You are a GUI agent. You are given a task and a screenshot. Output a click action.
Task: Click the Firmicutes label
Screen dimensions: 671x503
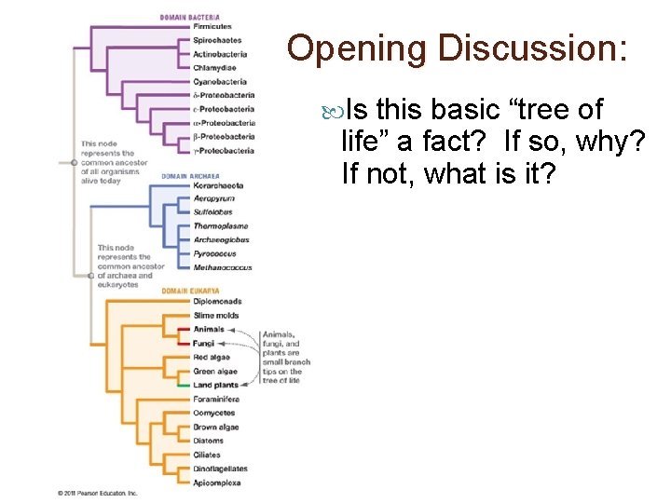pos(213,26)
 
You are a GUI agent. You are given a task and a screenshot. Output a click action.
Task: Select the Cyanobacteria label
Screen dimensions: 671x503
pos(219,81)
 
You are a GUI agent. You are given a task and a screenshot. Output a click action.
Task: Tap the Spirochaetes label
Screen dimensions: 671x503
pos(217,40)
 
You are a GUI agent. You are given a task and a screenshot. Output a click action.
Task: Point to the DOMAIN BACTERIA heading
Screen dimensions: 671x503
pos(190,16)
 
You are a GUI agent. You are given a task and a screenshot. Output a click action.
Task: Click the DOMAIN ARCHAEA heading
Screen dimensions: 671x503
pos(190,175)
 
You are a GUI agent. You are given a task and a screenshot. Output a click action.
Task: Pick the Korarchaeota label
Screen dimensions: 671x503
pos(217,185)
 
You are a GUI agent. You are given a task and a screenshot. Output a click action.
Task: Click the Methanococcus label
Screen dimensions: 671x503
pos(222,267)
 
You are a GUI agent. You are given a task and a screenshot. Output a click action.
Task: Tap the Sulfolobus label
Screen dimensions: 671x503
pos(212,212)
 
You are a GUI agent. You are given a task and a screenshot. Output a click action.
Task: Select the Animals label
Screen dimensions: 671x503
pos(209,329)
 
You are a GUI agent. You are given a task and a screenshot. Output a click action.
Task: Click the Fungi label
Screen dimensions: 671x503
pos(203,343)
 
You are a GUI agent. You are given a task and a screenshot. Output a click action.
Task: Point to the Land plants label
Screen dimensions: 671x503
pos(214,385)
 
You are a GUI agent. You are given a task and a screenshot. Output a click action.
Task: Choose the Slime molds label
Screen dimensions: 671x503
pos(213,315)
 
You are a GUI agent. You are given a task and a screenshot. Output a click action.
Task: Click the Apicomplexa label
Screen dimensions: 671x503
pos(216,483)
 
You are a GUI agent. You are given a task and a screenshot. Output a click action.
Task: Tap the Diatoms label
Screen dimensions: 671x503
pos(208,441)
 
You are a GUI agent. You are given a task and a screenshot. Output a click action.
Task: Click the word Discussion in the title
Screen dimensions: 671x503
pos(531,50)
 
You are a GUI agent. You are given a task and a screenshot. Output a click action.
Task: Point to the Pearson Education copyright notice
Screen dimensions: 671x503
pos(97,493)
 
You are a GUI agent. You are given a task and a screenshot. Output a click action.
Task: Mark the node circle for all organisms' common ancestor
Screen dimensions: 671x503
pos(74,162)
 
